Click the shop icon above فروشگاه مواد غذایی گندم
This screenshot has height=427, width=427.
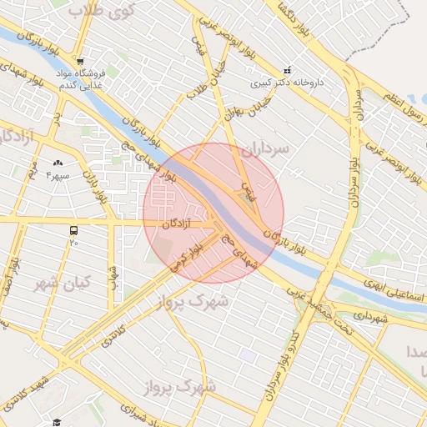pos(78,61)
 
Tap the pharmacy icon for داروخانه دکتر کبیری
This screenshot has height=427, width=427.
pos(288,70)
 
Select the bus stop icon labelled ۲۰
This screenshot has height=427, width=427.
pos(73,230)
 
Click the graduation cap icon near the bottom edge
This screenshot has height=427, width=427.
pos(56,423)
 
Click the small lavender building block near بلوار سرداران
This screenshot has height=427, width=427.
pos(247,355)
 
